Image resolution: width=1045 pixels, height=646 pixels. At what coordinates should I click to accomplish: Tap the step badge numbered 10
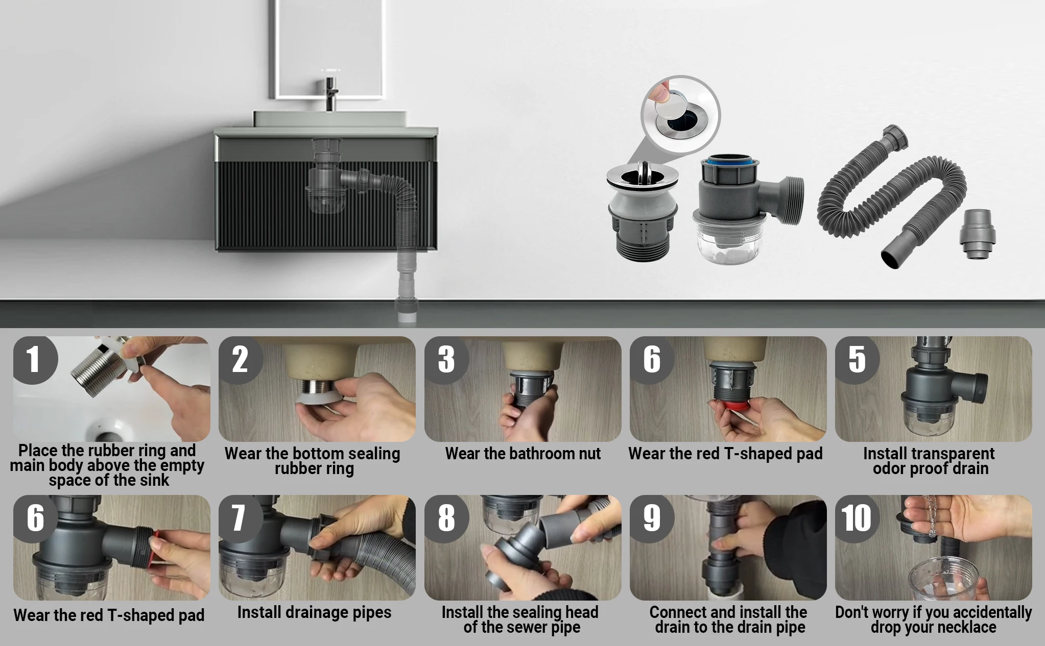857,518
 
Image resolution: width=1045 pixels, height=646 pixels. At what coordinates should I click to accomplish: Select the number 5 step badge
857,360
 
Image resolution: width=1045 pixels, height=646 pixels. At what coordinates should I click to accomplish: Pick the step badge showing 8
446,518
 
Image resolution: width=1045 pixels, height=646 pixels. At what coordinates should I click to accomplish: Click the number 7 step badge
240,518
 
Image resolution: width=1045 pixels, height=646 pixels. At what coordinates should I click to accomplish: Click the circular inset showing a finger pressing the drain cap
680,115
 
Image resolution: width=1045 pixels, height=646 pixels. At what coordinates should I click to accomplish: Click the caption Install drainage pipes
314,612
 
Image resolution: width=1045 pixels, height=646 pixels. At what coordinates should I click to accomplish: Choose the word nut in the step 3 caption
588,454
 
